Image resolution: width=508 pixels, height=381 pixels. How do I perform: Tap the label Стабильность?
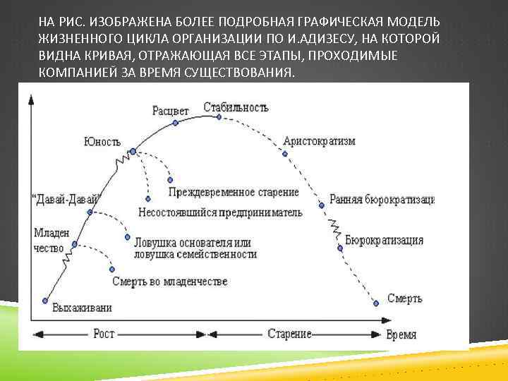236,107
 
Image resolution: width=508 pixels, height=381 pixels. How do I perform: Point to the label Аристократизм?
319,141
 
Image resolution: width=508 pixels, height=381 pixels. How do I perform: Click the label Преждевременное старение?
234,192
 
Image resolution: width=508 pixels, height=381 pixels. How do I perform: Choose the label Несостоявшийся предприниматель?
220,212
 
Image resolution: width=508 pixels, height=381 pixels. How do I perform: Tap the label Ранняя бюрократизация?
382,199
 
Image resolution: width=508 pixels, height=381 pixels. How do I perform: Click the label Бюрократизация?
385,240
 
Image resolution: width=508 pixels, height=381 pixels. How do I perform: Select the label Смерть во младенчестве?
170,281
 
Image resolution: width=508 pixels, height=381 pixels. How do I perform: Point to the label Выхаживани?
82,308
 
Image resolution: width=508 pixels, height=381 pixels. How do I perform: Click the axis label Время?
401,334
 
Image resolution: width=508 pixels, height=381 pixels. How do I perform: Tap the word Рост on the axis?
104,334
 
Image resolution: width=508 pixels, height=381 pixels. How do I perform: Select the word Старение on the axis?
290,334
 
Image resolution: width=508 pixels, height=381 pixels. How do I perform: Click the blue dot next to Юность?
132,152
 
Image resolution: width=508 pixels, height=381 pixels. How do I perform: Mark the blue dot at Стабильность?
219,118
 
